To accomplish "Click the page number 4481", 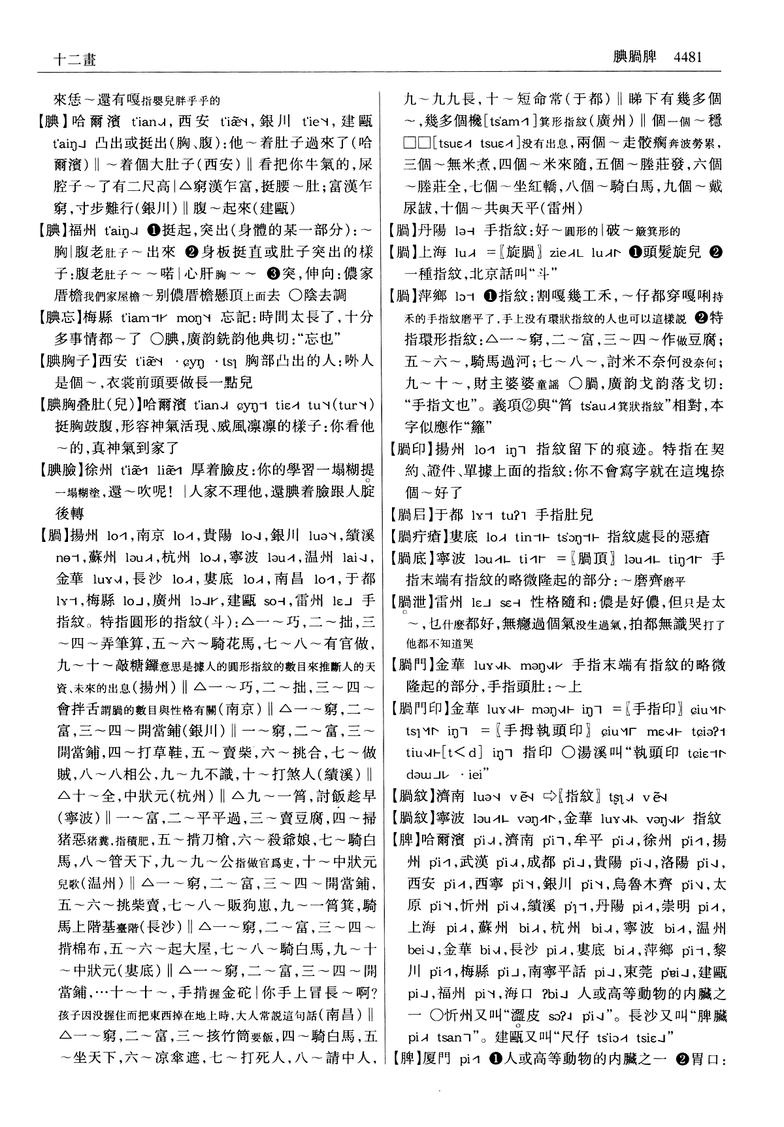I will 683,57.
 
